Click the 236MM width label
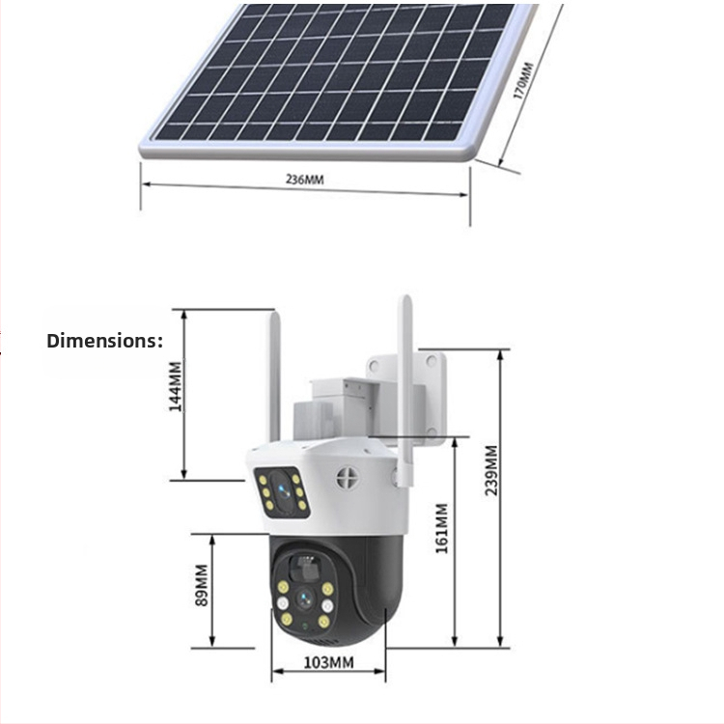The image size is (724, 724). click(305, 181)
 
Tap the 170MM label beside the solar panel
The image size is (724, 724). click(522, 81)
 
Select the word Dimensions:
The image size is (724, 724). click(104, 341)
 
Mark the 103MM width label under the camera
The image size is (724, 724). click(328, 662)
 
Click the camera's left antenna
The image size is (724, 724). click(274, 376)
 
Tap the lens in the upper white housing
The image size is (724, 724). click(285, 490)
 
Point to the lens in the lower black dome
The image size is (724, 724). click(304, 599)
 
